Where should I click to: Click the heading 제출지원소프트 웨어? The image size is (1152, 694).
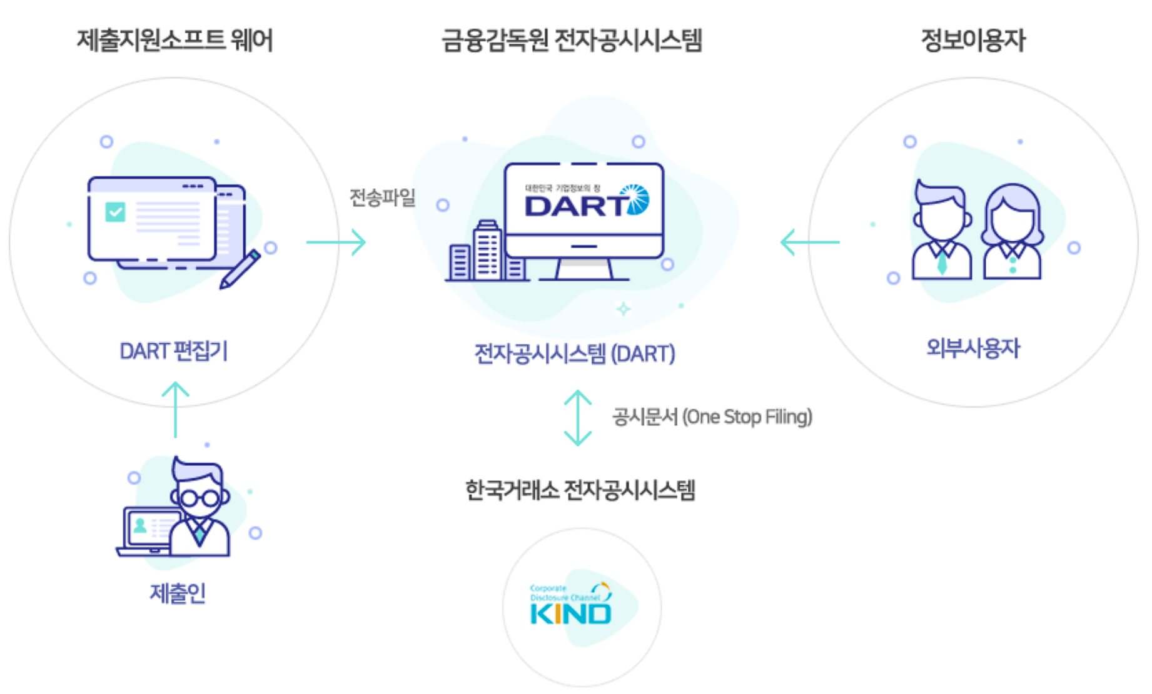point(174,41)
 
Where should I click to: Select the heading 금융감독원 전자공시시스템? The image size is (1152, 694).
point(572,41)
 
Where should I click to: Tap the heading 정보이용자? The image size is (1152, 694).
point(973,41)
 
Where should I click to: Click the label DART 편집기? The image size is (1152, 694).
point(173,351)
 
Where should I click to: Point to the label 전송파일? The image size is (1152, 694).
point(382,198)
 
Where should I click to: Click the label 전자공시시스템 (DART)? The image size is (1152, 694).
point(574,354)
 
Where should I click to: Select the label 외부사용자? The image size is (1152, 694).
point(973,348)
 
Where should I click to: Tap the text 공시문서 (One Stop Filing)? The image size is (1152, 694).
point(712,416)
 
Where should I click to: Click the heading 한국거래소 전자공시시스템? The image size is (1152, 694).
point(580,490)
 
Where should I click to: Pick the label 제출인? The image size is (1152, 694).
point(178,593)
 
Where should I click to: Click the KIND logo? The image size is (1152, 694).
point(570,606)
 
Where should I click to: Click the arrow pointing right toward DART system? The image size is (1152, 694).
point(336,243)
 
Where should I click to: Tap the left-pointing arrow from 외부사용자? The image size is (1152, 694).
point(809,243)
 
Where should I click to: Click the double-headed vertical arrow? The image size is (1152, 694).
point(577,418)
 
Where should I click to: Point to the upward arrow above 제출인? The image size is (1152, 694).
point(176,410)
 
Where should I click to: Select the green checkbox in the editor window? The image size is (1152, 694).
point(115,212)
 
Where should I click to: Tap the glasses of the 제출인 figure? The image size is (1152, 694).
point(200,498)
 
